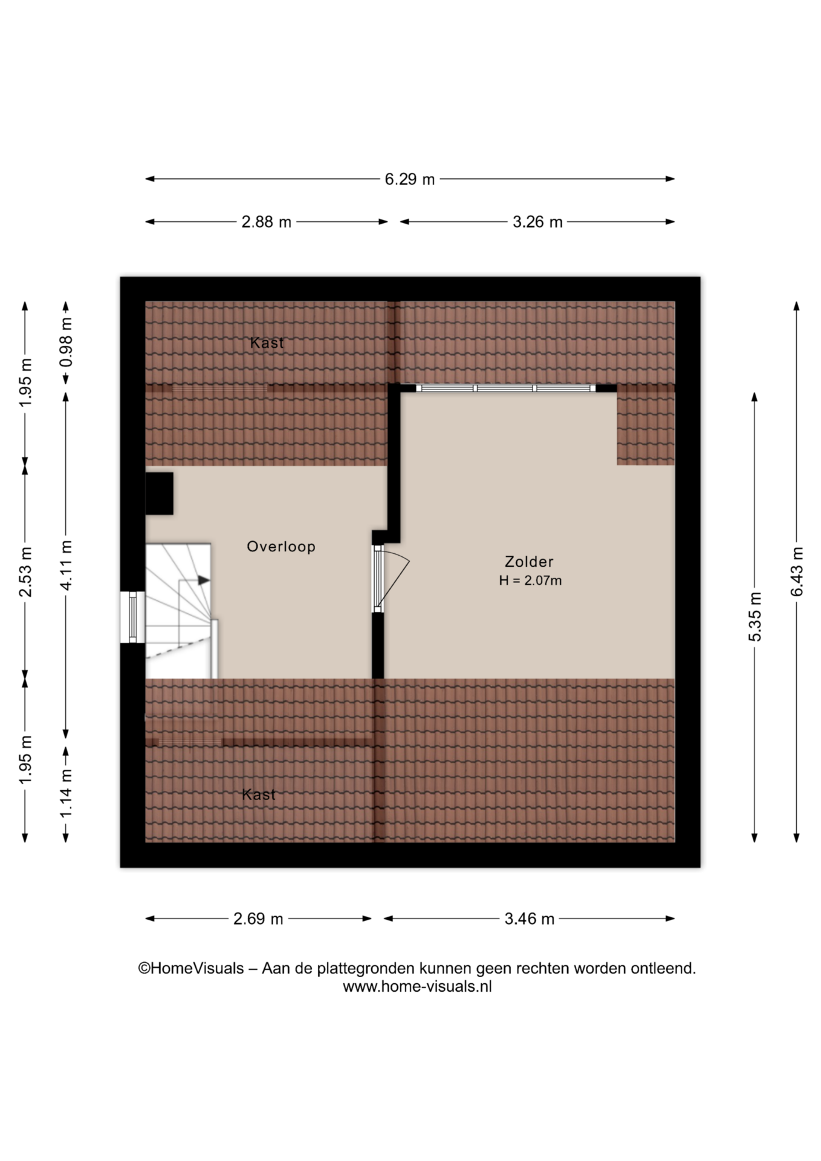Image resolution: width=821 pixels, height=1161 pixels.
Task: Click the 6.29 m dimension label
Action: pyautogui.click(x=410, y=180)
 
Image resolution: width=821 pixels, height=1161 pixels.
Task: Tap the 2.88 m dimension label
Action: pyautogui.click(x=266, y=223)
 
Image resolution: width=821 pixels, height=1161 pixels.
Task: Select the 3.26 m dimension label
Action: pyautogui.click(x=537, y=223)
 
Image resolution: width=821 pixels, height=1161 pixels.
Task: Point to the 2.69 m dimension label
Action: pyautogui.click(x=258, y=919)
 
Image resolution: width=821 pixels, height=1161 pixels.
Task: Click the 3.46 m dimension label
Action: pyautogui.click(x=530, y=919)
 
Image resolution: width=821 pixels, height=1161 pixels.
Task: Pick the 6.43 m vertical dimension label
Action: pyautogui.click(x=797, y=571)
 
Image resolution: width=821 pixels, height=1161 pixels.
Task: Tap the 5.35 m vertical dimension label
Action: pyautogui.click(x=755, y=617)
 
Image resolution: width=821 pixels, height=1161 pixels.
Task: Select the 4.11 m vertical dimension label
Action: pyautogui.click(x=66, y=565)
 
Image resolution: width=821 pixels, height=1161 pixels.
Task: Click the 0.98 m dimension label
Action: pyautogui.click(x=66, y=342)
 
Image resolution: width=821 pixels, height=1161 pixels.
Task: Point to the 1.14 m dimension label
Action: pyautogui.click(x=66, y=793)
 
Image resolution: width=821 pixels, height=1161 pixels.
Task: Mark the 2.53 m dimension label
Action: pyautogui.click(x=25, y=571)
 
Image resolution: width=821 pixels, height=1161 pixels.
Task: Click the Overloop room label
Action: pyautogui.click(x=281, y=547)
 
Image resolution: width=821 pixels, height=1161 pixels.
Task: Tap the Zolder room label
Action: pyautogui.click(x=529, y=562)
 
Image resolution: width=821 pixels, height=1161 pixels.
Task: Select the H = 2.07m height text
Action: pyautogui.click(x=530, y=580)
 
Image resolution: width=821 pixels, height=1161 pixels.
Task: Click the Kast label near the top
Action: pyautogui.click(x=267, y=343)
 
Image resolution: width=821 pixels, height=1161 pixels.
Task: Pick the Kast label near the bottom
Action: pyautogui.click(x=259, y=795)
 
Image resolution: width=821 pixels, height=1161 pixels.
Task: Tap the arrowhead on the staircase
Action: pyautogui.click(x=204, y=580)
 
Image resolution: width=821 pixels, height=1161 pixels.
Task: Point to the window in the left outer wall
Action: pyautogui.click(x=132, y=617)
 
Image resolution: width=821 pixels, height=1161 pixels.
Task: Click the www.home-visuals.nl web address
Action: pyautogui.click(x=417, y=986)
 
